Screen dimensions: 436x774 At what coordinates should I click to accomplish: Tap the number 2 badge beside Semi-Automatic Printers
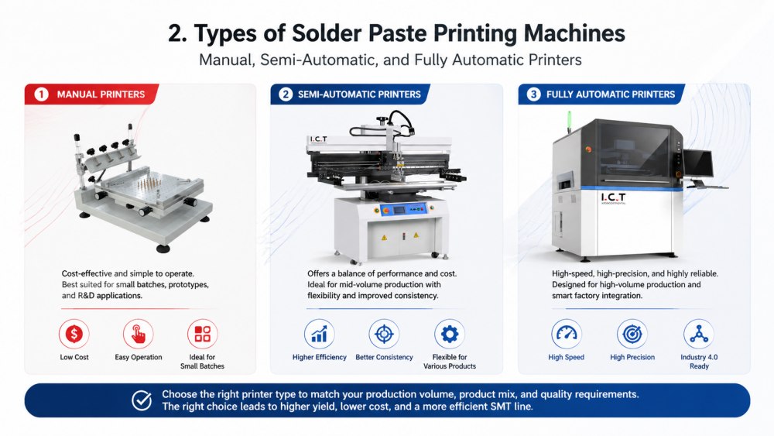tap(286, 94)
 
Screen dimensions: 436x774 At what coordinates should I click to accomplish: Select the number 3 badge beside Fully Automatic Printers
tap(533, 94)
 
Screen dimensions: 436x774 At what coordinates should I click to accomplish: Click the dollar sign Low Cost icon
tap(74, 334)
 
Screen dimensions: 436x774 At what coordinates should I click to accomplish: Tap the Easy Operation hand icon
tap(139, 334)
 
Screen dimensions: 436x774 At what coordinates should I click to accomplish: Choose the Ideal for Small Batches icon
tap(203, 334)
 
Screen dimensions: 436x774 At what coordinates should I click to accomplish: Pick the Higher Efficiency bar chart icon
tap(319, 334)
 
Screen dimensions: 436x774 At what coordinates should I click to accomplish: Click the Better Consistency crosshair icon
tap(384, 334)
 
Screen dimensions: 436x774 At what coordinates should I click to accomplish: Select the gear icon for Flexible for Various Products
tap(449, 334)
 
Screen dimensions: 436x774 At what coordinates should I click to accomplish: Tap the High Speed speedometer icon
tap(567, 334)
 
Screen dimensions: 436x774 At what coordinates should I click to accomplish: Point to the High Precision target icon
tap(632, 334)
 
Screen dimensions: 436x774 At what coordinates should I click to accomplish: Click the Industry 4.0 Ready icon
tap(698, 334)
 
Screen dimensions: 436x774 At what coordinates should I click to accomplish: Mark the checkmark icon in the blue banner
tap(142, 400)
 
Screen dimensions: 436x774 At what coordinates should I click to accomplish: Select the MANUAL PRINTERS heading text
tap(101, 94)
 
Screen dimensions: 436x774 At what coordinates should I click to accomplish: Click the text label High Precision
tap(632, 358)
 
